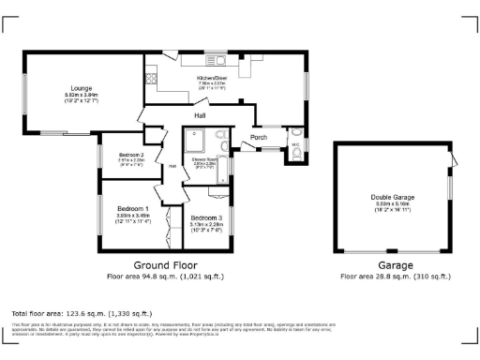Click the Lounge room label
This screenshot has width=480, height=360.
click(82, 88)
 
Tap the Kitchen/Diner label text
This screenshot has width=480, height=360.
click(212, 77)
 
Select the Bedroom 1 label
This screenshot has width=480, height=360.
click(132, 207)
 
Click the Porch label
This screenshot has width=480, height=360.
click(259, 138)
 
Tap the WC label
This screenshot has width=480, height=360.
click(294, 145)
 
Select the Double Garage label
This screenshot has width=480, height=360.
click(392, 197)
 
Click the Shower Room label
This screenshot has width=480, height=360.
click(205, 158)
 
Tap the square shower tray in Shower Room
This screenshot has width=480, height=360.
click(196, 139)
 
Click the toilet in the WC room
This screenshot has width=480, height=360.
click(297, 157)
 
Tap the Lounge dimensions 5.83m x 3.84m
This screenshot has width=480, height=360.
click(82, 95)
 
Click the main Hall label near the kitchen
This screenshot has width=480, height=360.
click(200, 115)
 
